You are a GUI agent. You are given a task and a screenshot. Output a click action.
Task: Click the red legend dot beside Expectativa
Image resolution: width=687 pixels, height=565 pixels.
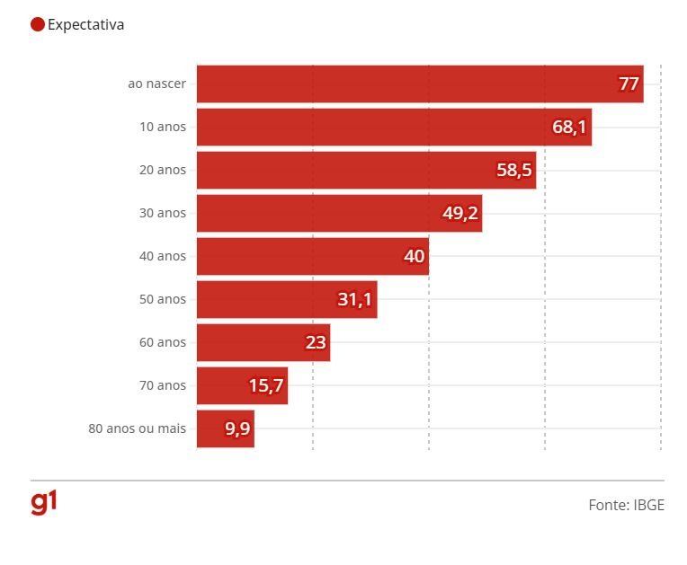[x=38, y=24]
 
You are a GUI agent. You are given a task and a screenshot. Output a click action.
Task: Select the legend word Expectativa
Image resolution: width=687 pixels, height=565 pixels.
[x=86, y=24]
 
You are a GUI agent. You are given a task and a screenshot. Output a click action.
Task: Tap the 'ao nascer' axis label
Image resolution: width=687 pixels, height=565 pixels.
[x=156, y=84]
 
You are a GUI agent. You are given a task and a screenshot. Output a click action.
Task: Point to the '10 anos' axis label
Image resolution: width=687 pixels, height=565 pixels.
[x=163, y=127]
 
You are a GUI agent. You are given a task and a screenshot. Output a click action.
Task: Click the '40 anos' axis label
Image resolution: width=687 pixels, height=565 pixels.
[x=163, y=256]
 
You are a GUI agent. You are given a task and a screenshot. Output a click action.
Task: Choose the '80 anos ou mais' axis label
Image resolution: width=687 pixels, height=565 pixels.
[x=137, y=428]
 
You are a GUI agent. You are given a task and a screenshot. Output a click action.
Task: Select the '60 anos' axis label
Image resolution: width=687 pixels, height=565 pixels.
[x=163, y=342]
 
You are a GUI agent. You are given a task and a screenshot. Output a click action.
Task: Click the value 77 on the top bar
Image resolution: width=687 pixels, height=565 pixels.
[x=629, y=84]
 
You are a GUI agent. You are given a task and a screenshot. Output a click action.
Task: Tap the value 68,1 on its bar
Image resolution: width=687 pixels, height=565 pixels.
[x=569, y=127]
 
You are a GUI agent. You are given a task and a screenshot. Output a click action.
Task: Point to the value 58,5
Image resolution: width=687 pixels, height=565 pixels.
[x=513, y=170]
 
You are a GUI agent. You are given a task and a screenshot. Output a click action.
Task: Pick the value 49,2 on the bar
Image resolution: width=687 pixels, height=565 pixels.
[x=459, y=213]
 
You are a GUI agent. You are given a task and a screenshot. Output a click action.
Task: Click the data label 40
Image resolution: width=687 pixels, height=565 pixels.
[x=414, y=256]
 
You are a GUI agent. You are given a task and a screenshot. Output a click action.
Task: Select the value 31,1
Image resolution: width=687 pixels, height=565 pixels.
[x=354, y=299]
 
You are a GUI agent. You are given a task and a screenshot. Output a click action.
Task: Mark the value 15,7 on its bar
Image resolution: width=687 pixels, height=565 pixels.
[x=266, y=385]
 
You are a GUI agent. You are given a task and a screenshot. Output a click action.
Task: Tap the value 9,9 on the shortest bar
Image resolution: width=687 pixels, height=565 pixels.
[x=237, y=428]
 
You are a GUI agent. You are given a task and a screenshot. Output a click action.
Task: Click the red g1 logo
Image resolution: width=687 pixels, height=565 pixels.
[x=43, y=503]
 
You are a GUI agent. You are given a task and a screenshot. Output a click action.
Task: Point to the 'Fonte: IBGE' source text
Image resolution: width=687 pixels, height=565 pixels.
[x=626, y=505]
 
